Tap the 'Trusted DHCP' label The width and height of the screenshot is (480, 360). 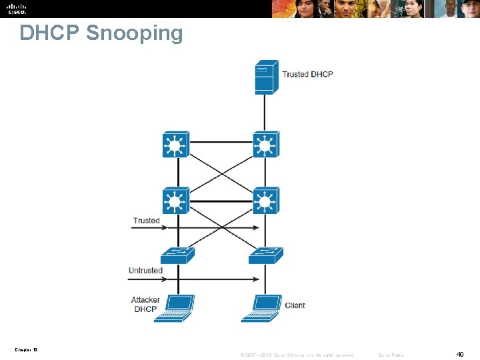click(307, 74)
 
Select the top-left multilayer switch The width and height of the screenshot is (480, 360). click(175, 144)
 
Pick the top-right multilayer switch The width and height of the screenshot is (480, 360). click(265, 144)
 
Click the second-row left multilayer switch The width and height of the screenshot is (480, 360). click(175, 200)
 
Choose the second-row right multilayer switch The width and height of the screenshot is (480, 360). click(265, 200)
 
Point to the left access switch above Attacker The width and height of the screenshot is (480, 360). click(177, 255)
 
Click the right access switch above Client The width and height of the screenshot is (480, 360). click(265, 255)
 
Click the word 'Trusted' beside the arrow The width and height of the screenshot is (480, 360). click(146, 221)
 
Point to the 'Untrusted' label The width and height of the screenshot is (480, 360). click(145, 271)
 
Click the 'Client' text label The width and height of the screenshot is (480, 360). click(295, 305)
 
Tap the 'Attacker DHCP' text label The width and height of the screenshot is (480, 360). click(145, 305)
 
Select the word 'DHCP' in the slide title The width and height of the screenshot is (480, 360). click(49, 33)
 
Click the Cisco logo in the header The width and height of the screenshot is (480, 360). click(17, 9)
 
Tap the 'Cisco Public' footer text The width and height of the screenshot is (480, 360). click(391, 355)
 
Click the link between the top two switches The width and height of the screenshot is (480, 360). click(220, 141)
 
